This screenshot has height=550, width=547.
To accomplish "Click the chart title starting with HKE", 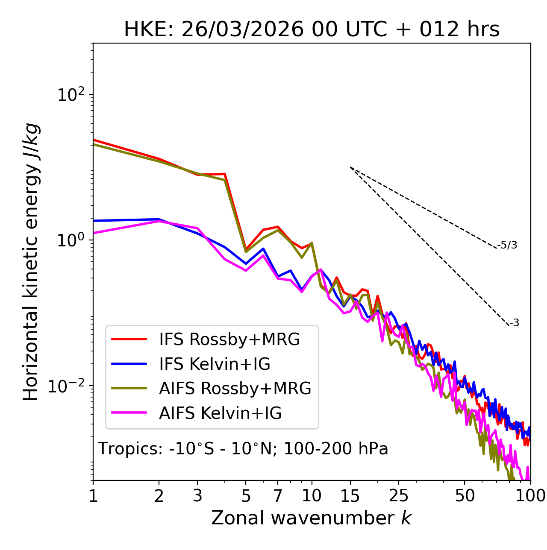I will click(312, 30).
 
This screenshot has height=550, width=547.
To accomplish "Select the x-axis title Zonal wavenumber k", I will click(312, 518).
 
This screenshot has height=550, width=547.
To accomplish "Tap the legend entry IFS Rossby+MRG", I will click(229, 339).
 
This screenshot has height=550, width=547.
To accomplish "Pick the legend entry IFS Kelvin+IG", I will click(215, 364).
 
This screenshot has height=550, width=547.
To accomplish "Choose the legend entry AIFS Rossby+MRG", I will click(235, 389).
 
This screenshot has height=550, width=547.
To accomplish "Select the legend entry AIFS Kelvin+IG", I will click(220, 413).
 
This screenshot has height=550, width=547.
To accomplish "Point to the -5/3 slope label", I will click(507, 245).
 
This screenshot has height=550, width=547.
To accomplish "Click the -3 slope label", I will click(514, 323).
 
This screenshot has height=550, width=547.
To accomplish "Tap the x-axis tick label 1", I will click(93, 496).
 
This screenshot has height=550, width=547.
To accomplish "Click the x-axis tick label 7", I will click(278, 496).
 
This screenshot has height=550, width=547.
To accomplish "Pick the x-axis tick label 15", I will click(350, 496).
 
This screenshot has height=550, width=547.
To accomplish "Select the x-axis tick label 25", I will click(399, 496).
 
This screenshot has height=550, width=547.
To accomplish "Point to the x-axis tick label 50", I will click(465, 496).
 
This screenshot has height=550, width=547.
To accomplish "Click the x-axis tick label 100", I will click(530, 496).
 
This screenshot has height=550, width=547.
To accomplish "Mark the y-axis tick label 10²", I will click(71, 94).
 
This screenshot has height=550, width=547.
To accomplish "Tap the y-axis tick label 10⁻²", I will click(68, 386).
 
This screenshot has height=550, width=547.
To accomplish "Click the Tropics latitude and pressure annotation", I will click(243, 449).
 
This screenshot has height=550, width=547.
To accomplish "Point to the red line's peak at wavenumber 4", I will click(225, 174).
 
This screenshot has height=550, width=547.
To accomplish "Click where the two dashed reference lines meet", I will click(350, 167).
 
